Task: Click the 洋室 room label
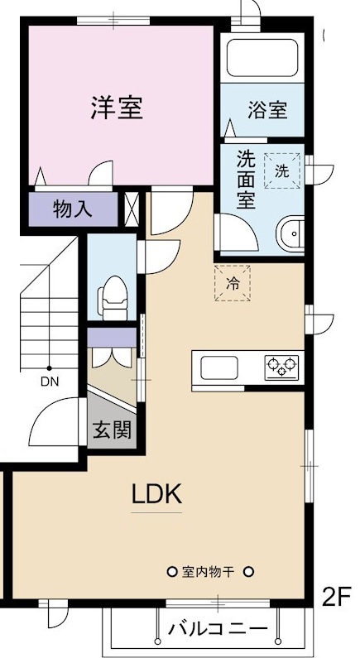click(x=117, y=108)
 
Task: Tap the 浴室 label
click(x=267, y=109)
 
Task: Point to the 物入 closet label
click(x=73, y=209)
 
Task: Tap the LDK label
click(x=156, y=494)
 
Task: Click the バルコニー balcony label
click(x=218, y=630)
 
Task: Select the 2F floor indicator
click(x=339, y=597)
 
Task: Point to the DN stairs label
click(x=50, y=382)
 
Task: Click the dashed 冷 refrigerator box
click(x=233, y=282)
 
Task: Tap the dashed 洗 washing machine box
click(x=282, y=171)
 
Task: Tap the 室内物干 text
click(x=210, y=572)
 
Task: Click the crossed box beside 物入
click(x=131, y=209)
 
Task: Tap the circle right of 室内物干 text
click(x=247, y=572)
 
